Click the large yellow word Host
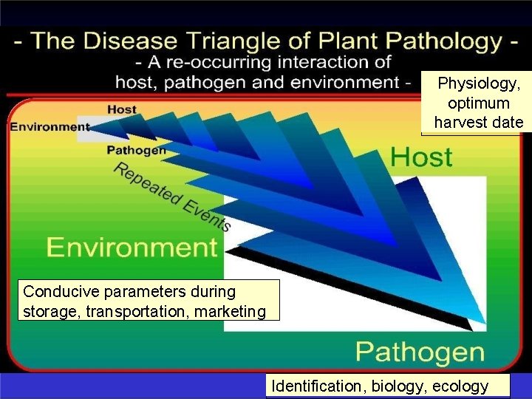421,157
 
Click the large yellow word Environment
133,248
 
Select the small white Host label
122,109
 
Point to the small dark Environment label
50,126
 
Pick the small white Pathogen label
136,150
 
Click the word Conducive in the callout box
56,293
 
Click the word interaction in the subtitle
349,61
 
